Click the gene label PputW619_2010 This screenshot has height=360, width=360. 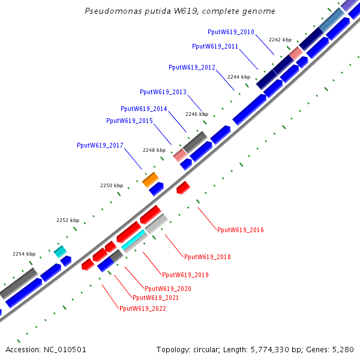231,32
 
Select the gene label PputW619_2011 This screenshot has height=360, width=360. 215,46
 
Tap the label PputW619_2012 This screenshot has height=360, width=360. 192,68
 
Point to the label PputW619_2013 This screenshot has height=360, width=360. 163,92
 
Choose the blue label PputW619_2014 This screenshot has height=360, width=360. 144,109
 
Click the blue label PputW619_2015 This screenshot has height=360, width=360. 130,121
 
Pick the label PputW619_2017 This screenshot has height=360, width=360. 100,145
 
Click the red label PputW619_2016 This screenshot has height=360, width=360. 241,230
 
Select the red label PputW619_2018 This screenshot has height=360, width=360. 208,257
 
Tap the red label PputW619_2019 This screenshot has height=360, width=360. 185,275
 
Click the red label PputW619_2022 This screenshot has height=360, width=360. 143,308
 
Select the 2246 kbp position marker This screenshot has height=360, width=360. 197,114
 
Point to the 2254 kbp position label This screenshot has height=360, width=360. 24,254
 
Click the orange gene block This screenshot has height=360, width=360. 150,179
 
